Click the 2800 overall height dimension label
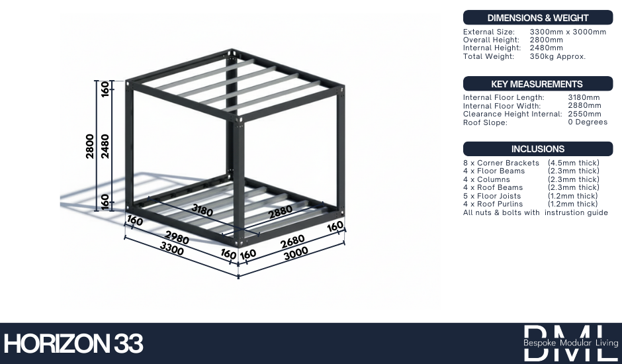point(89,146)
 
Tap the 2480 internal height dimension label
point(105,146)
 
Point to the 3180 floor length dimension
point(202,210)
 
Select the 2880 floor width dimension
point(281,212)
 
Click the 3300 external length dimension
point(172,248)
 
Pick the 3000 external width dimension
point(296,253)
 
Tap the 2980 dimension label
point(177,238)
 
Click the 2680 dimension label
point(292,242)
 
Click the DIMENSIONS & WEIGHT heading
point(537,18)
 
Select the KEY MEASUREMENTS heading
point(537,84)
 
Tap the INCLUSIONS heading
point(537,149)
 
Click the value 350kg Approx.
point(557,56)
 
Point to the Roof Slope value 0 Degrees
point(588,122)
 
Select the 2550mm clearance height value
point(584,114)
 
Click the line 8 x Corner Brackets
point(501,163)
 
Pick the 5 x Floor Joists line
point(492,196)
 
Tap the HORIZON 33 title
point(73,343)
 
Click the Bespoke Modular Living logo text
point(571,343)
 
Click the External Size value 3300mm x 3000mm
point(568,32)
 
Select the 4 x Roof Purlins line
point(493,204)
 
